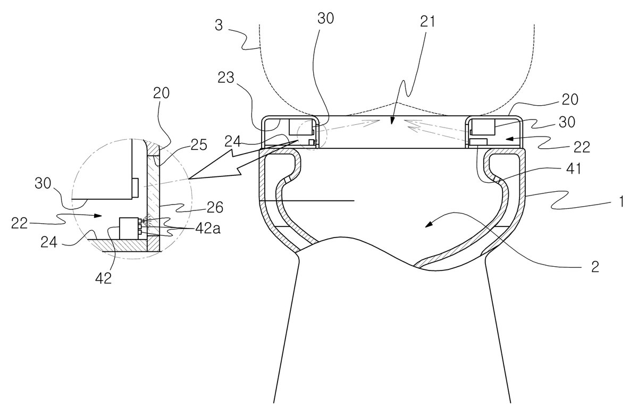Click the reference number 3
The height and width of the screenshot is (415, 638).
pyautogui.click(x=219, y=25)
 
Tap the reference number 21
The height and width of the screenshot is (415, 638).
pyautogui.click(x=427, y=21)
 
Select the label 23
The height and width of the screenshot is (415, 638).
pyautogui.click(x=226, y=78)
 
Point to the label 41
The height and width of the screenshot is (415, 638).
pyautogui.click(x=573, y=169)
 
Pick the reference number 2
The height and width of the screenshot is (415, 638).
pyautogui.click(x=595, y=267)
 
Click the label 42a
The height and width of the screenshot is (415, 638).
pyautogui.click(x=208, y=228)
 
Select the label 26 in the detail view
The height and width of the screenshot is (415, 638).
pyautogui.click(x=214, y=207)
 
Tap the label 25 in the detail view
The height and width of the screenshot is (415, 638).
pyautogui.click(x=198, y=145)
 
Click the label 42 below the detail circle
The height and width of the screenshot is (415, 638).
pyautogui.click(x=103, y=278)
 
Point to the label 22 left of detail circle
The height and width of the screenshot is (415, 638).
pyautogui.click(x=19, y=223)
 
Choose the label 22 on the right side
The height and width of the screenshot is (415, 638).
pyautogui.click(x=581, y=147)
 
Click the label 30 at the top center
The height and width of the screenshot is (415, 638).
pyautogui.click(x=326, y=19)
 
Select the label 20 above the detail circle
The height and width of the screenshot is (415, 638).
pyautogui.click(x=161, y=93)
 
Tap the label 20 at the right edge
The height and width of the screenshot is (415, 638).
pyautogui.click(x=570, y=99)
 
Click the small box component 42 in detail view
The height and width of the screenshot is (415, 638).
pyautogui.click(x=129, y=228)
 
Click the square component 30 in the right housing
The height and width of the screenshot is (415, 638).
pyautogui.click(x=483, y=127)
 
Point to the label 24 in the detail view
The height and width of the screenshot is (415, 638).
pyautogui.click(x=49, y=242)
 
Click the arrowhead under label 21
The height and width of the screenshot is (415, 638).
pyautogui.click(x=392, y=121)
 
